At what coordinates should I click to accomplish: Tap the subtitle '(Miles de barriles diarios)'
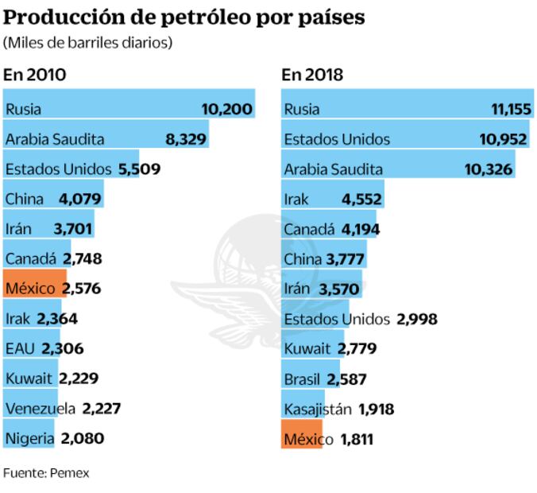point(88,43)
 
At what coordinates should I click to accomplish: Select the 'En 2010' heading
point(34,76)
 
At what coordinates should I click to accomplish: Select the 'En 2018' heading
point(312,76)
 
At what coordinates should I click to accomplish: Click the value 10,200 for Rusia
point(227,109)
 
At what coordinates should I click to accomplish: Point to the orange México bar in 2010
point(29,288)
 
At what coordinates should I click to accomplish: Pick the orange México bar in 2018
point(303,437)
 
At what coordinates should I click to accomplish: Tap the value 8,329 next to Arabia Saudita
point(186,139)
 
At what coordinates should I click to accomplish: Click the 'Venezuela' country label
point(40,408)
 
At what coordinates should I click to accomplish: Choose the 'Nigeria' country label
point(29,437)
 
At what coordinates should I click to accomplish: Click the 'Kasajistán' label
point(316,408)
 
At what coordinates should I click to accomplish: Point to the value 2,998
point(415,318)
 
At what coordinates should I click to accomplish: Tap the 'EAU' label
point(21,348)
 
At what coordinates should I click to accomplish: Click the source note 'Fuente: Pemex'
point(46,473)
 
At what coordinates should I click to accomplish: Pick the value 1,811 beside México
point(357,437)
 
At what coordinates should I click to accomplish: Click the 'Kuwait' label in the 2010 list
point(29,378)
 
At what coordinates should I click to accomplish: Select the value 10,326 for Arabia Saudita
point(486,169)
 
